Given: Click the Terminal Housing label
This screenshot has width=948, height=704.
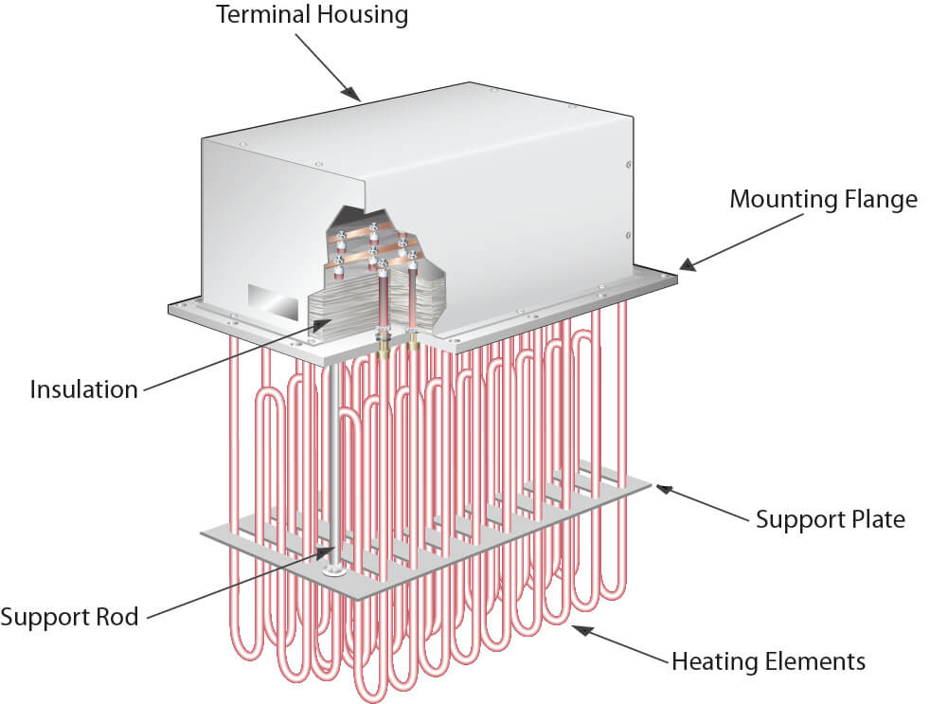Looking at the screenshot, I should [313, 15].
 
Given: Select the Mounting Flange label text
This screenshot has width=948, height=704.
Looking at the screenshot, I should [823, 200].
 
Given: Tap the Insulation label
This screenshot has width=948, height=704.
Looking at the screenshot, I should [83, 389].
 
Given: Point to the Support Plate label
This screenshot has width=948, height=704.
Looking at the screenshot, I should [830, 519].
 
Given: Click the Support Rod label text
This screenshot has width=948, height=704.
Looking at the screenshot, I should [69, 618].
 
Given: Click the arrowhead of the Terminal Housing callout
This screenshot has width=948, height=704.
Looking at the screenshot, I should [355, 95].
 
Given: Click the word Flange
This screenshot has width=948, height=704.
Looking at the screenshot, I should [881, 200].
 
